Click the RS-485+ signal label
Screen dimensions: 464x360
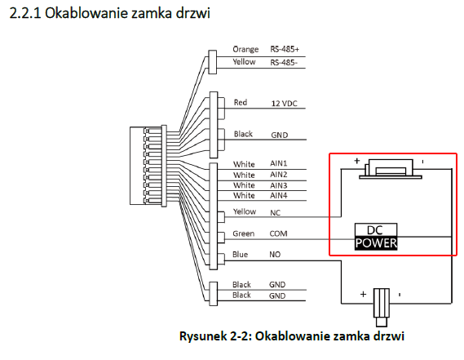click(285, 49)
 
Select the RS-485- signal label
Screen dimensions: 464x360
click(284, 63)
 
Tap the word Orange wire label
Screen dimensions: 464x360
click(245, 50)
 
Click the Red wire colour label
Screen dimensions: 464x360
click(241, 103)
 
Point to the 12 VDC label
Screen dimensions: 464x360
click(284, 104)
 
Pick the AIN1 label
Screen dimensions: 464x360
click(278, 163)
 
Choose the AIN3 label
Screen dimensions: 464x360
click(278, 185)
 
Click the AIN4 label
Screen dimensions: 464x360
click(278, 196)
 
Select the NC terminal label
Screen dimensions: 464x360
click(275, 213)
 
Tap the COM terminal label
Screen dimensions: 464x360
click(278, 233)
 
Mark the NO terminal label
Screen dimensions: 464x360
click(275, 255)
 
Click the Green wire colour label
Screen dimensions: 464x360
click(244, 233)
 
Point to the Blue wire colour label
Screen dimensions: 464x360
click(240, 255)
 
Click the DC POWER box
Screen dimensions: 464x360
click(376, 237)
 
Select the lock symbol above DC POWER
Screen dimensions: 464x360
click(390, 169)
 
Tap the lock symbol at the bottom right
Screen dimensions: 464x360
click(382, 307)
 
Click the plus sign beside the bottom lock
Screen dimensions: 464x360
click(363, 294)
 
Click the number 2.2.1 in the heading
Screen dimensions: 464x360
click(25, 13)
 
